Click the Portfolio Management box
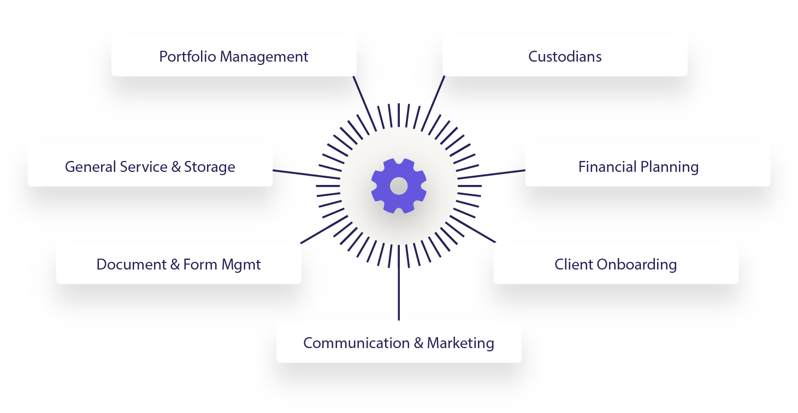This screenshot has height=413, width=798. coord(234,55)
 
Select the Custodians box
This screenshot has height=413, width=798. coord(565,55)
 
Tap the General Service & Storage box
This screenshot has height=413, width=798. coord(150,165)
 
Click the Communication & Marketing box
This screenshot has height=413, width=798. coord(399,342)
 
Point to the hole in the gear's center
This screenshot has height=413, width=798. coord(399,186)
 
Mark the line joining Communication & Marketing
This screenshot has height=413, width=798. coord(399,289)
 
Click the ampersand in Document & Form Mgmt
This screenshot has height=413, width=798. coord(175,264)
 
